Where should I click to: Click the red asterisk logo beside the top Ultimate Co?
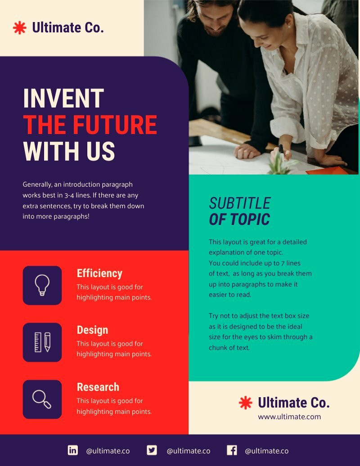(20, 28)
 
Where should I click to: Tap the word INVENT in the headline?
(63, 99)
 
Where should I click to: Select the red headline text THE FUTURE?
(90, 125)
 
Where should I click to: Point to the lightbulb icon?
(42, 285)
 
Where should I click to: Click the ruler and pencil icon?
(42, 342)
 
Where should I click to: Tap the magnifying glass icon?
(42, 399)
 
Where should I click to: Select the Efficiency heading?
(99, 273)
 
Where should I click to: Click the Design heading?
(92, 330)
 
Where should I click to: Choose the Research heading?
(98, 387)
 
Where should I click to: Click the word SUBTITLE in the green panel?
(240, 203)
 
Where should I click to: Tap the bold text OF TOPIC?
(239, 220)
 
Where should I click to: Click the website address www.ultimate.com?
(289, 417)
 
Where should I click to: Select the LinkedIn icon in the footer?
(72, 450)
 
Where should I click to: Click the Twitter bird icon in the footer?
(152, 450)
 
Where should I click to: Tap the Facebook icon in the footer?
(232, 450)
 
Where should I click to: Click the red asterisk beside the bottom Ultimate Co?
(246, 403)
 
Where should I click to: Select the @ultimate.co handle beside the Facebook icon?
(266, 451)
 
